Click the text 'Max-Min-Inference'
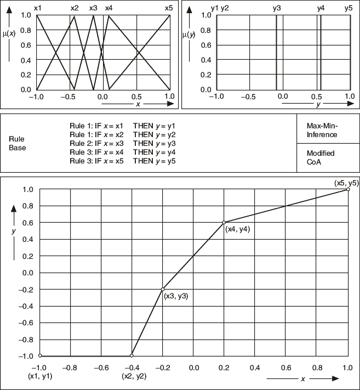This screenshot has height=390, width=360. [322, 130]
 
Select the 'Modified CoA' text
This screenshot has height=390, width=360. [321, 157]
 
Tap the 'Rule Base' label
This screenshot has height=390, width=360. [17, 143]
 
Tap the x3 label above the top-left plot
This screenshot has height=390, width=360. [93, 8]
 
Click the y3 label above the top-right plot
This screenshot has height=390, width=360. [277, 8]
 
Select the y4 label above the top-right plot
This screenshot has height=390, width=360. [321, 8]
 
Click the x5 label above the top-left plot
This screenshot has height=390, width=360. [169, 8]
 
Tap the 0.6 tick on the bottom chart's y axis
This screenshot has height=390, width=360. [28, 223]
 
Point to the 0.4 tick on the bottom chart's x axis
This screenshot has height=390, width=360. [255, 368]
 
